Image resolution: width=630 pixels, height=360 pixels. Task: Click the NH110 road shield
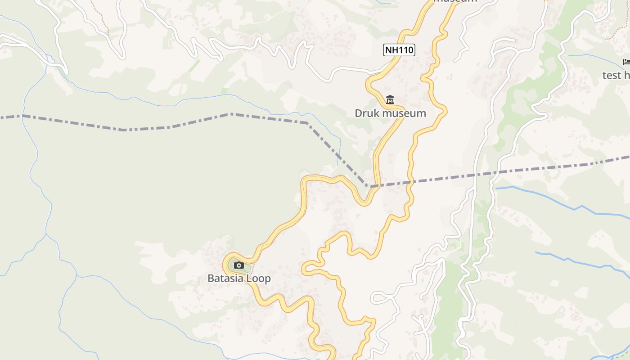coord(399,50)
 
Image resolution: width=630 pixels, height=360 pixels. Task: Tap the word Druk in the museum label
coord(364,113)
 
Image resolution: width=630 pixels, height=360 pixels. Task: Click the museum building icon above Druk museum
coord(390,100)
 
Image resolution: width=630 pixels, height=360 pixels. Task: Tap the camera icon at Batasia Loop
coord(239,265)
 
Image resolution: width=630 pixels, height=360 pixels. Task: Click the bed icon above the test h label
coord(626,62)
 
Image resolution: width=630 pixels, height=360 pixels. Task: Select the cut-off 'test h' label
coord(616,75)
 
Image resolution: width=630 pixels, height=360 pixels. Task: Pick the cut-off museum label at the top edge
coord(454,1)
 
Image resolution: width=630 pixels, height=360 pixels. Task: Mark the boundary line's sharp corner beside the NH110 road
coord(368,186)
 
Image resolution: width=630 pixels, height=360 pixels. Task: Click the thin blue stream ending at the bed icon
coord(594,58)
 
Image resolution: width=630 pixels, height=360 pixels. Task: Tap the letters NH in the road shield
coord(392,50)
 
